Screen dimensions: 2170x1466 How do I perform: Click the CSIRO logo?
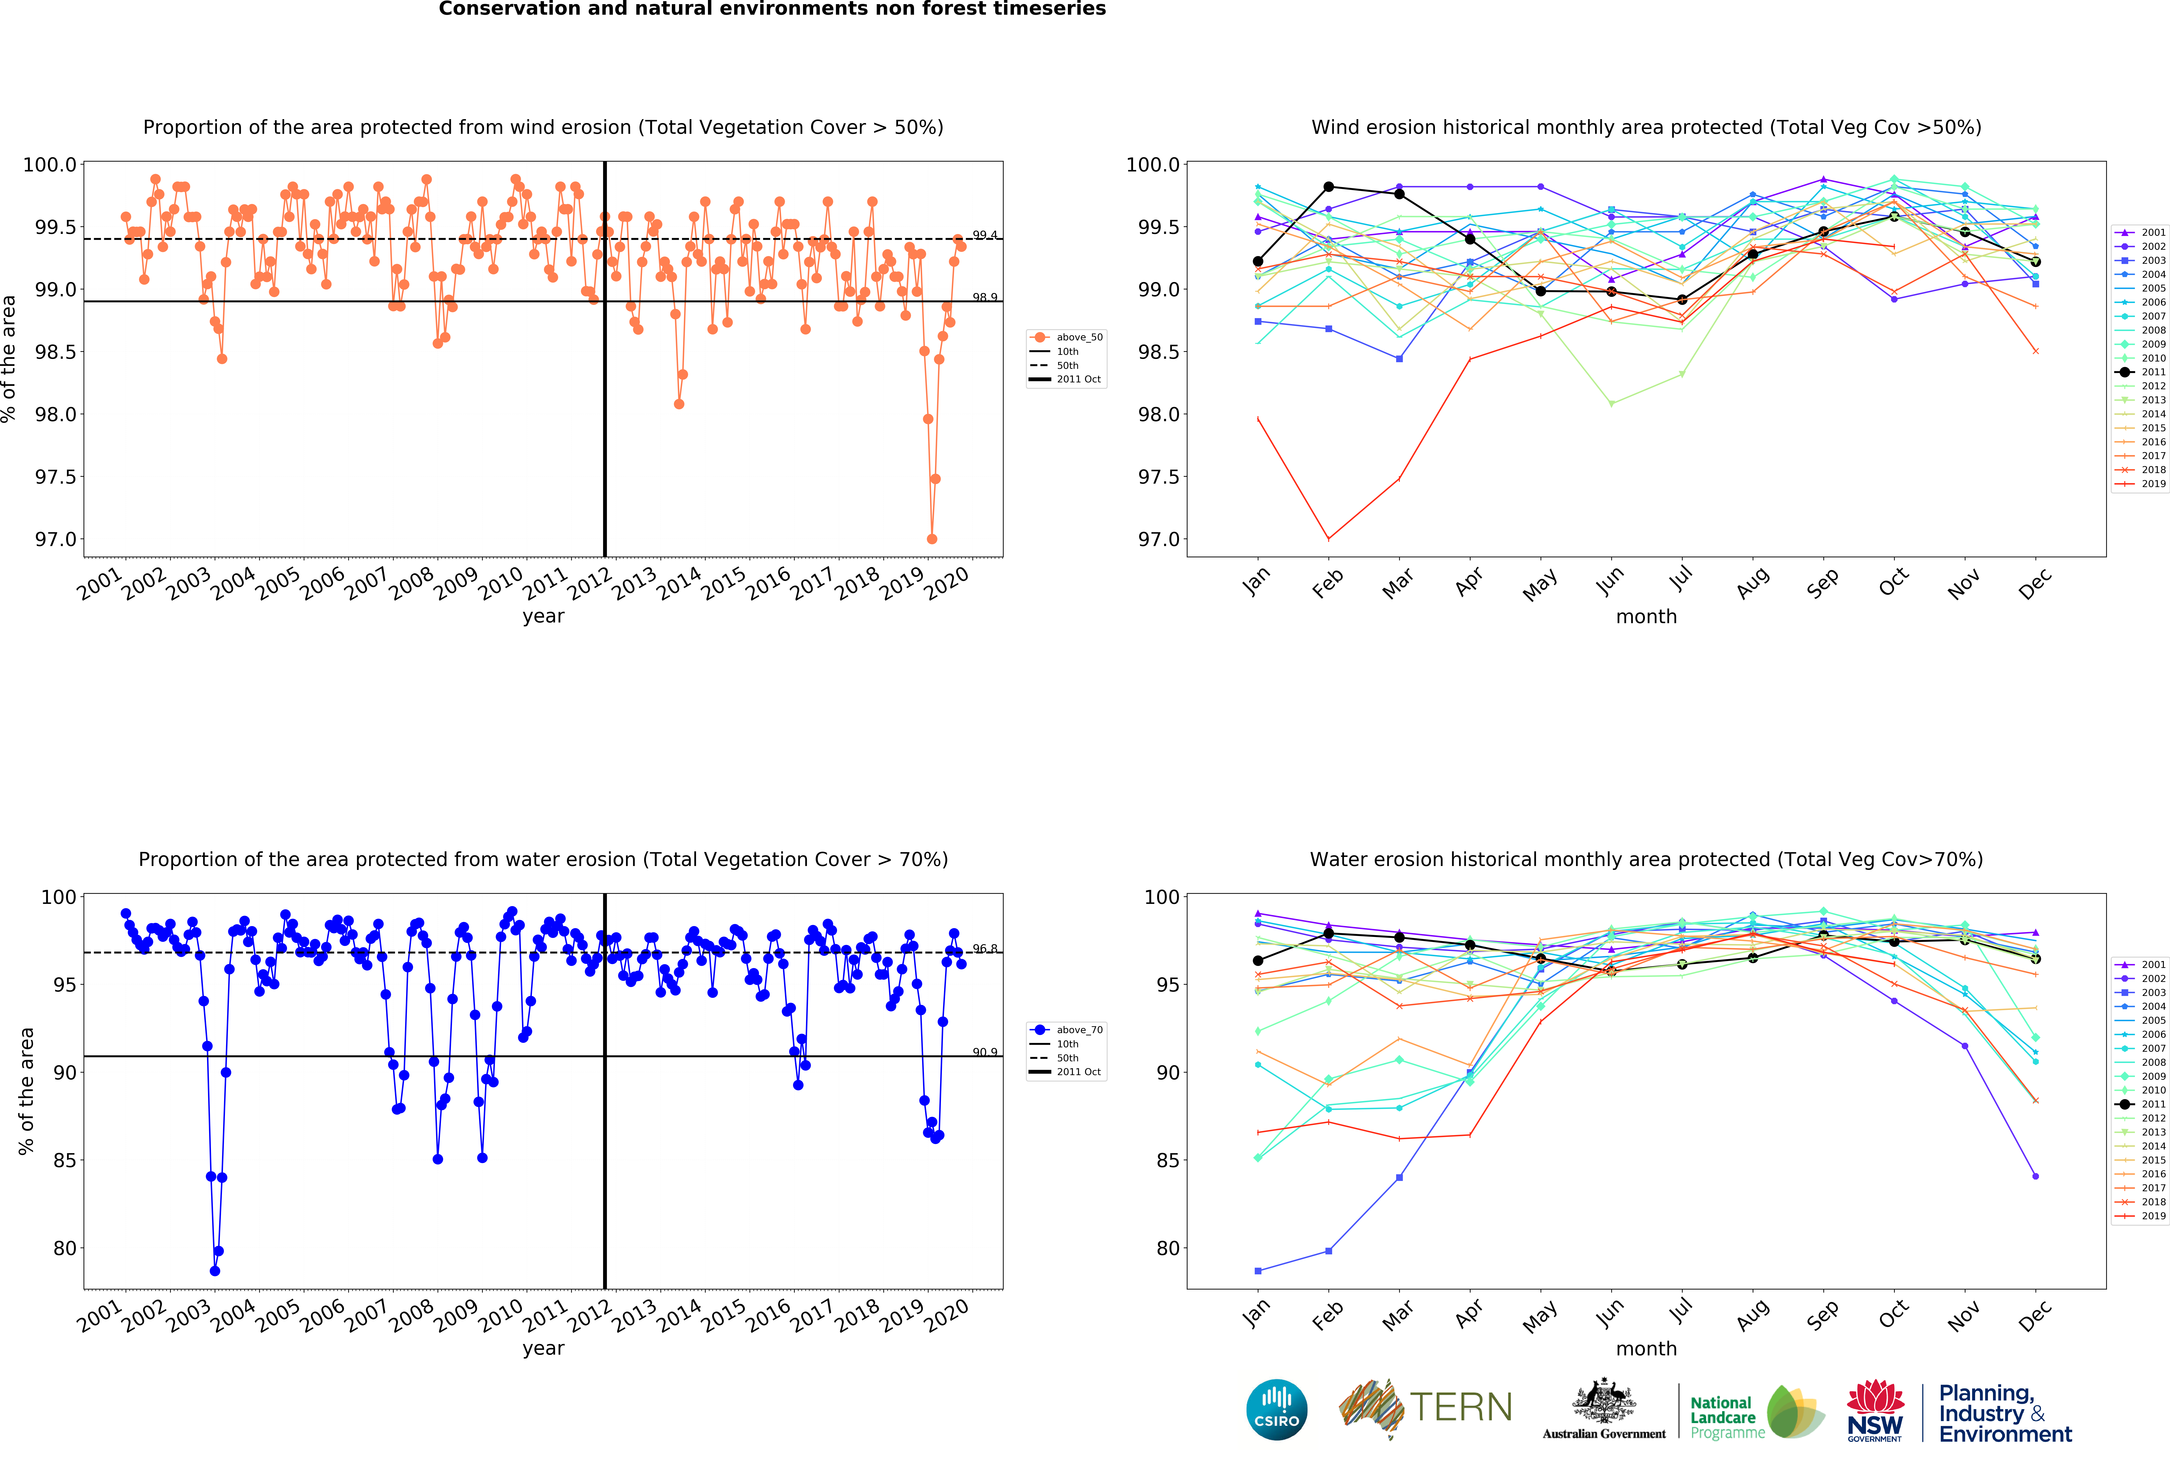pyautogui.click(x=1276, y=1409)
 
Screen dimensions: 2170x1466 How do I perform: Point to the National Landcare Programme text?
pyautogui.click(x=1727, y=1417)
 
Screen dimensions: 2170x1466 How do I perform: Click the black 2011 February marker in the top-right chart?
pyautogui.click(x=1329, y=187)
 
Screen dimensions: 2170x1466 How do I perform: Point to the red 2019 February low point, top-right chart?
pyautogui.click(x=1329, y=539)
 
